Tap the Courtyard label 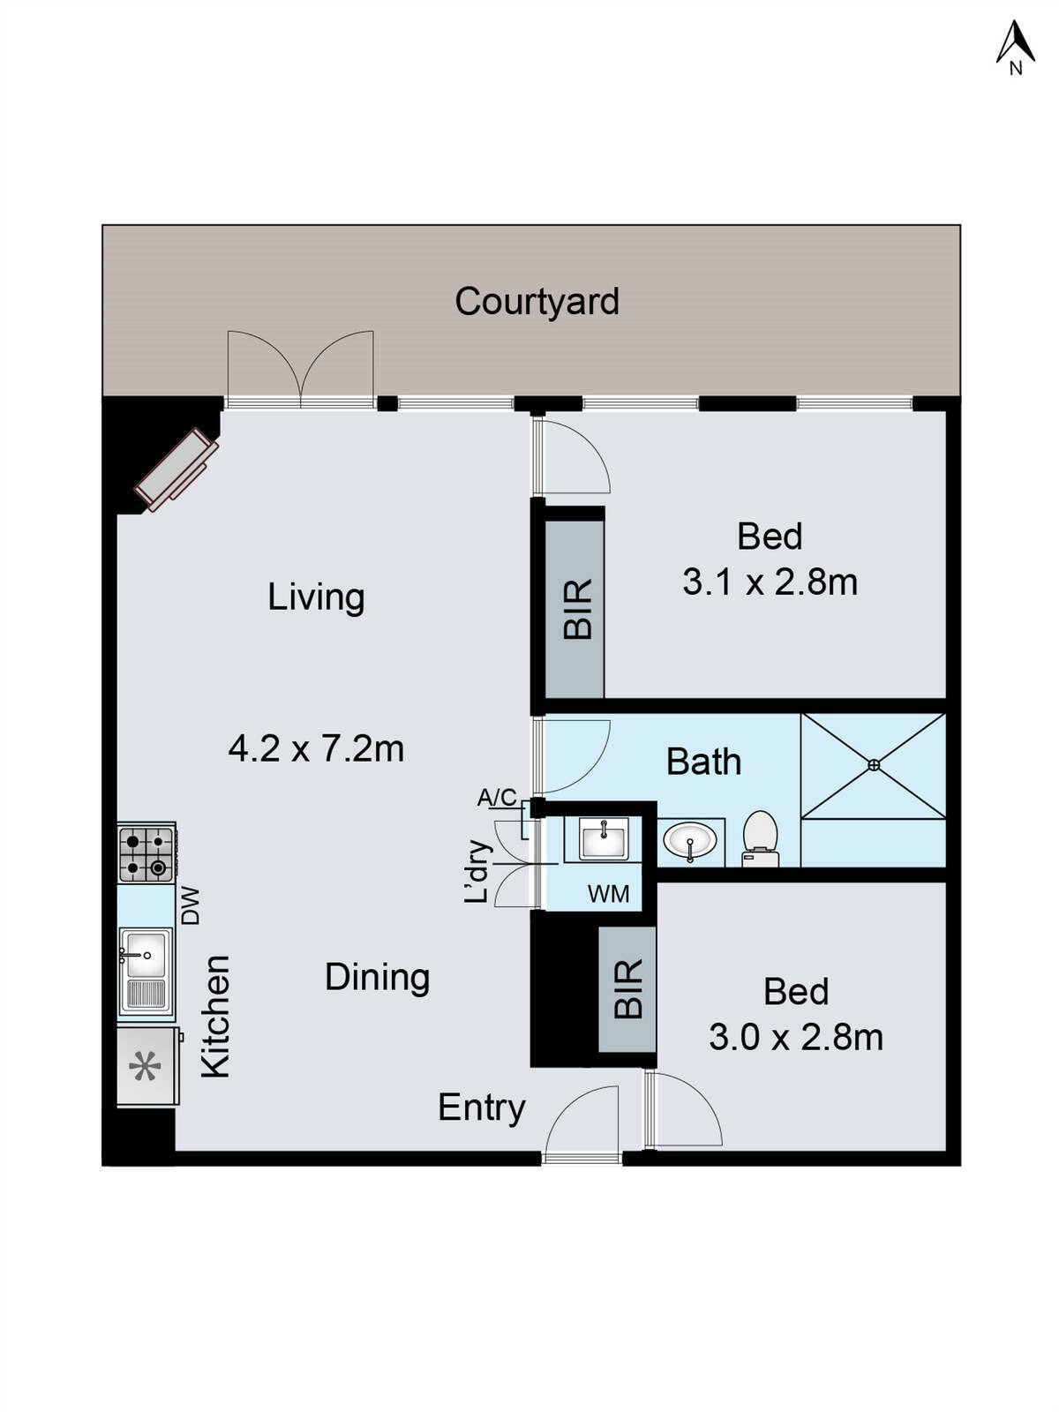coord(537,302)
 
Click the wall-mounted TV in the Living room coord(176,470)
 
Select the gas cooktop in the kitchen coord(146,852)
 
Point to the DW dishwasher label coord(191,905)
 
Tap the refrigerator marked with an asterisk coord(146,1067)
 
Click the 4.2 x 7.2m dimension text coord(316,749)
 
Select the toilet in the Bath coord(760,838)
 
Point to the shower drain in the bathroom coord(874,765)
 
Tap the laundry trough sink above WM coord(604,837)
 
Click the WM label coord(609,894)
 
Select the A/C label coord(497,798)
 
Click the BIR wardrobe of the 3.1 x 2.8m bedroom coord(575,609)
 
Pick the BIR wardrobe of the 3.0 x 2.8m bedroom coord(627,989)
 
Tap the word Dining coord(377,977)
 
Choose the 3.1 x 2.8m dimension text coord(770,582)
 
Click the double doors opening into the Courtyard coord(300,369)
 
